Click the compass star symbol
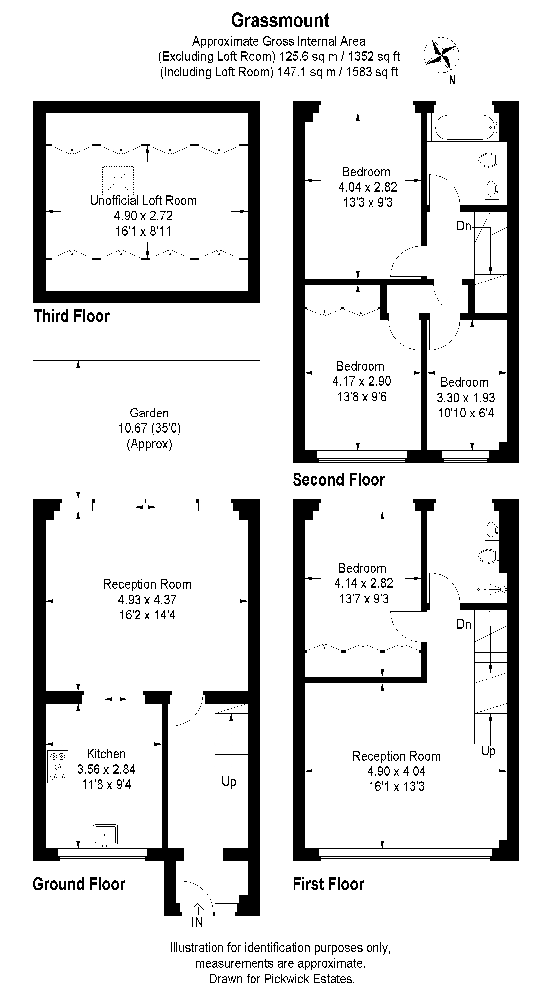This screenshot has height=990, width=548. point(441,55)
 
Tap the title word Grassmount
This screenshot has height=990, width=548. point(280,20)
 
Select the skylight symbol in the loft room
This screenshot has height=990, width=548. point(118,180)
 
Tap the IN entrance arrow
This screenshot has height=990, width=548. point(198,909)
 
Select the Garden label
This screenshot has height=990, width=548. point(149,413)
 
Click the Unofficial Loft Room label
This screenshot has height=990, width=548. point(143,200)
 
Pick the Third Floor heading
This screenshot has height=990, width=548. point(71,316)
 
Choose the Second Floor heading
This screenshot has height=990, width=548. point(339,480)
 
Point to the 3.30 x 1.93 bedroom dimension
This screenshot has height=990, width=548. point(466,397)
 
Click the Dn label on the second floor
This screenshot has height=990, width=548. point(464,226)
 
